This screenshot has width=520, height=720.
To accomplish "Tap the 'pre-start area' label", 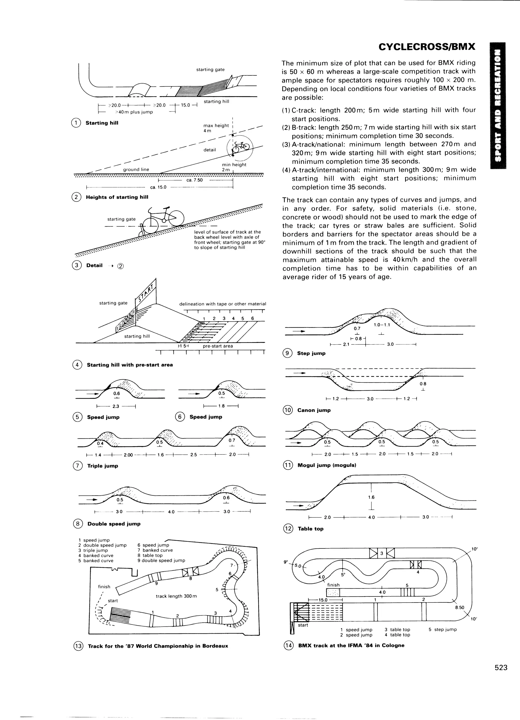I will [218, 346].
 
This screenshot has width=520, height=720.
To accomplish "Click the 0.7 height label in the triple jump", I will [232, 440].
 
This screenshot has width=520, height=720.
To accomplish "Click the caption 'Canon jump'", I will [314, 410].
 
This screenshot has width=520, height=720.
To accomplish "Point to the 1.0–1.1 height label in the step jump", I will [382, 325].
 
